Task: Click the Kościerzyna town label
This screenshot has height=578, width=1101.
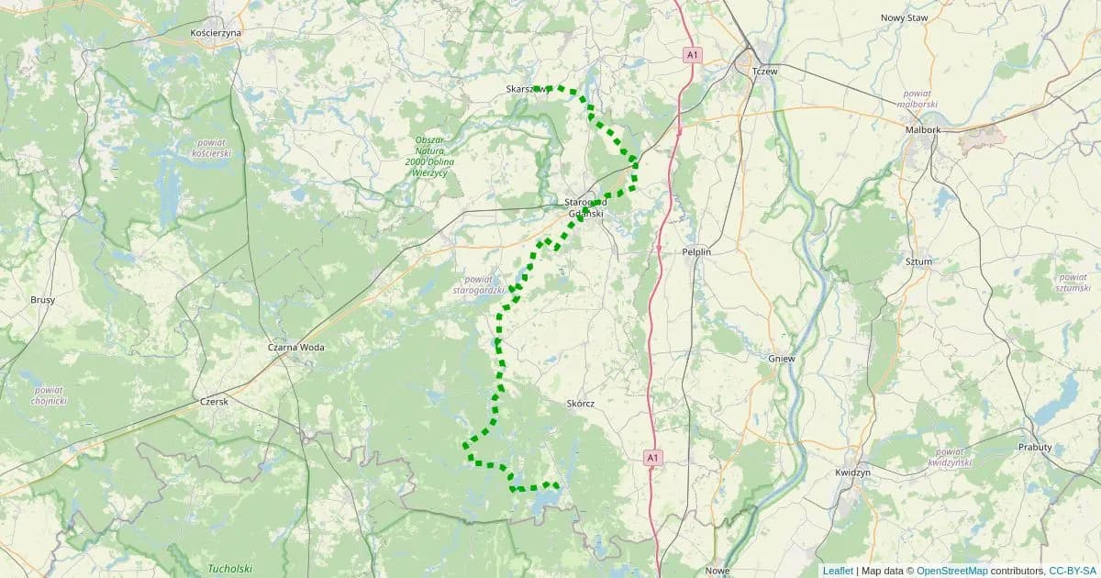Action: [215, 32]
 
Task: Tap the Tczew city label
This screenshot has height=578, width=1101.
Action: [763, 71]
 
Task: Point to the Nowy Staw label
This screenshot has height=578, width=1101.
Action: [905, 17]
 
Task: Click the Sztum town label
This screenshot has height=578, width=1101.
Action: [918, 261]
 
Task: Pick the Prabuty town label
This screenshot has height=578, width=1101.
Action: [1035, 447]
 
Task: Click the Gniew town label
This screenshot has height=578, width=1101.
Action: [782, 359]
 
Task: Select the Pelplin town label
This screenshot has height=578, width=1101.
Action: [696, 250]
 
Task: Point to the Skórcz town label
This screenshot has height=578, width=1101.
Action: [582, 403]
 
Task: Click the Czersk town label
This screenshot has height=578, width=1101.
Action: [214, 401]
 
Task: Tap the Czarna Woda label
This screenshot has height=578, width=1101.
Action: [295, 348]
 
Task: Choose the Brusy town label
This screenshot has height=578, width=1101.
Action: [42, 300]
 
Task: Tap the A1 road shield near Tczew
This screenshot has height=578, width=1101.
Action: [693, 56]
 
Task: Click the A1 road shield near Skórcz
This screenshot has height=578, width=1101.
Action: [652, 456]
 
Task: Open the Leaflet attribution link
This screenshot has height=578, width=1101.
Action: [838, 571]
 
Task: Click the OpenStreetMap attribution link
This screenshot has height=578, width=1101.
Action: [952, 571]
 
